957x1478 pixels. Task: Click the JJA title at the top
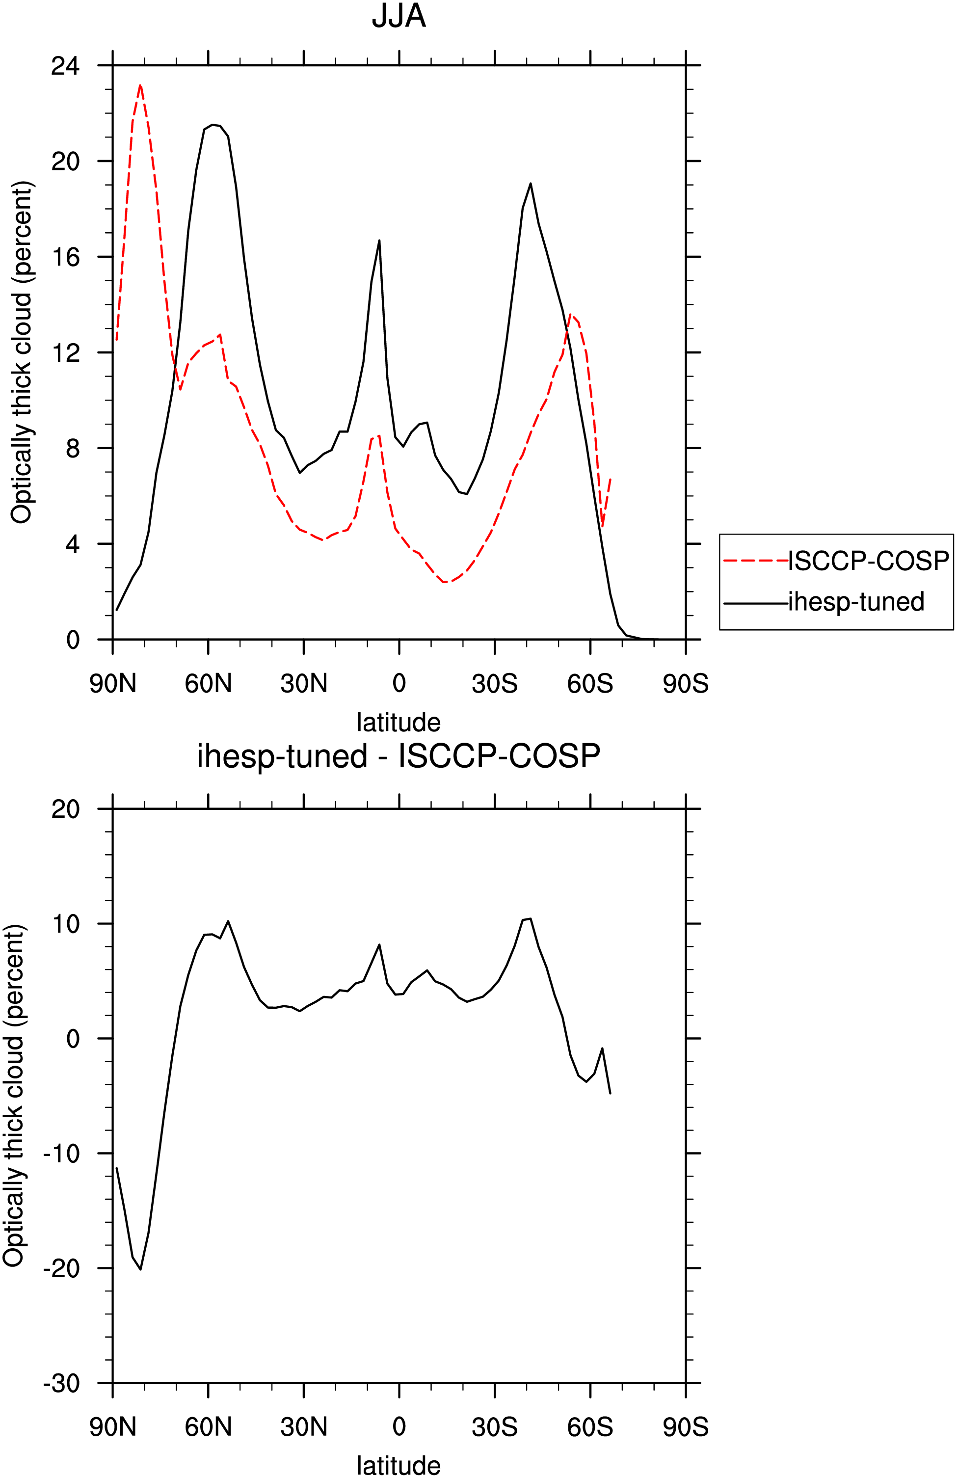[x=399, y=17]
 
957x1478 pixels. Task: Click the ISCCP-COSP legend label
[x=868, y=561]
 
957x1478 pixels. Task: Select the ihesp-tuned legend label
[x=856, y=602]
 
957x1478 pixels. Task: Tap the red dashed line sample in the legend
[x=756, y=561]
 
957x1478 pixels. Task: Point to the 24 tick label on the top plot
[x=66, y=65]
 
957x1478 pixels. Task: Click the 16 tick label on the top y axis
[x=66, y=256]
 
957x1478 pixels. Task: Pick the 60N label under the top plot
[x=208, y=684]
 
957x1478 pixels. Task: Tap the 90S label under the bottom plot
[x=686, y=1427]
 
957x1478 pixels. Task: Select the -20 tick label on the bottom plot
[x=61, y=1268]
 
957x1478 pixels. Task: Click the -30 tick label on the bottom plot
[x=61, y=1383]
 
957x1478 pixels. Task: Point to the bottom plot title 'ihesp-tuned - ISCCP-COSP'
[x=399, y=756]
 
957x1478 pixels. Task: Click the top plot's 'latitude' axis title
[x=399, y=722]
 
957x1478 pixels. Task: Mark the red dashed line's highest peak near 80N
[x=140, y=85]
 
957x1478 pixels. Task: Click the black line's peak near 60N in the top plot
[x=213, y=125]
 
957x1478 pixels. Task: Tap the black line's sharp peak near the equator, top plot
[x=379, y=241]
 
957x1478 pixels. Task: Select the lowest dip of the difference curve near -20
[x=140, y=1269]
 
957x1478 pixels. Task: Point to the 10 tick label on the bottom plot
[x=66, y=923]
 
